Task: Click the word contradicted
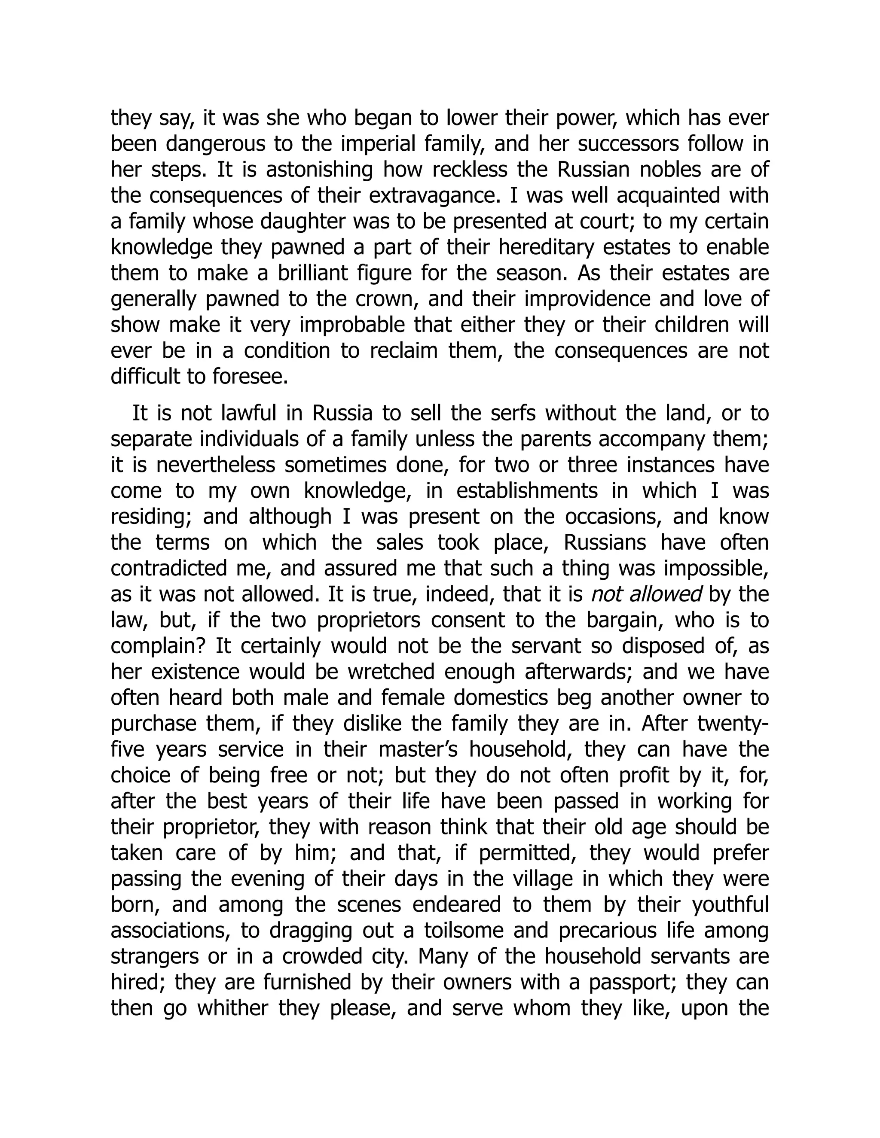point(171,568)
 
